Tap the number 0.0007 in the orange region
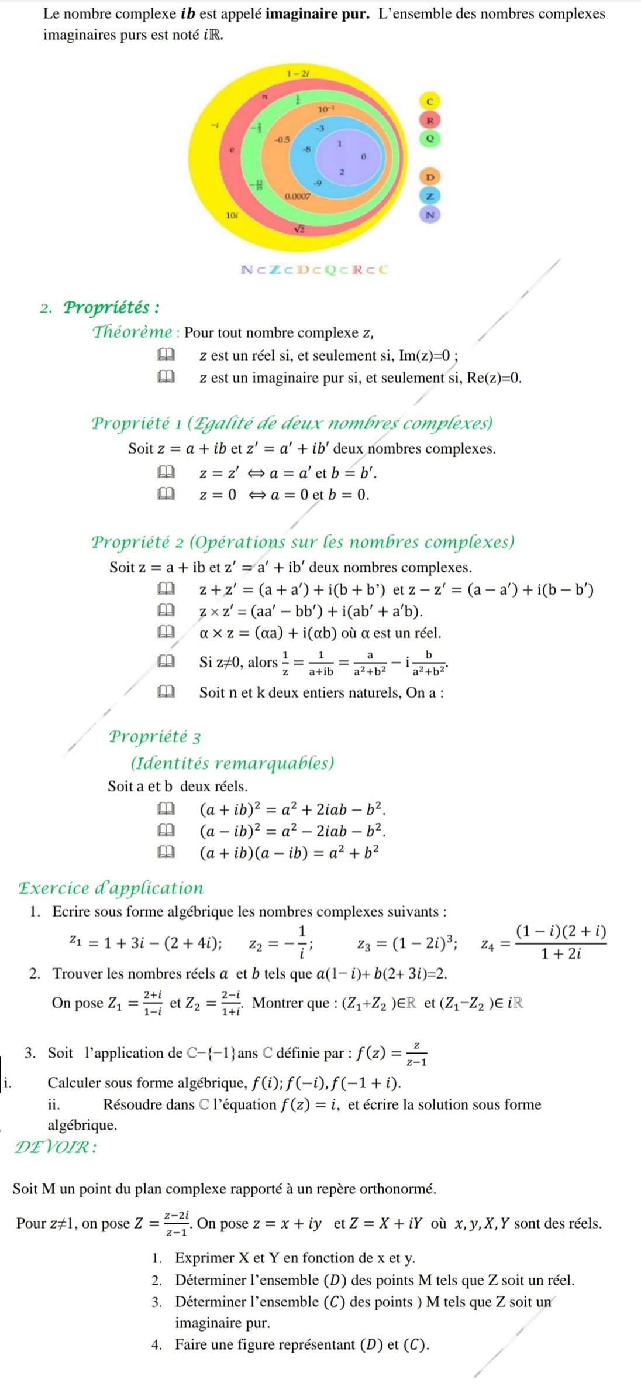[x=298, y=197]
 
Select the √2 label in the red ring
[x=299, y=229]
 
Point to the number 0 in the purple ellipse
[x=363, y=157]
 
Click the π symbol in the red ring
[x=264, y=95]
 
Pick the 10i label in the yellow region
[x=232, y=215]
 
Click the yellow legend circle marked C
[x=430, y=101]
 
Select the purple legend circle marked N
[x=430, y=215]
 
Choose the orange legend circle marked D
[x=430, y=177]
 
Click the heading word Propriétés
[x=111, y=307]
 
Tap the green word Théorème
[x=133, y=332]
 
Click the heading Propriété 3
[x=155, y=736]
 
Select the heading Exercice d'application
[x=111, y=888]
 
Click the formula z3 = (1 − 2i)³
[x=408, y=943]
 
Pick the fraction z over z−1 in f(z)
[x=416, y=1054]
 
